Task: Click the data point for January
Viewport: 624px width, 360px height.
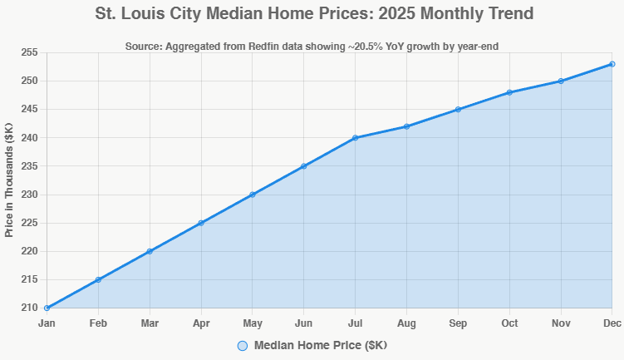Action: tap(47, 308)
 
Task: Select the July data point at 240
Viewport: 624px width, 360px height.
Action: tap(355, 138)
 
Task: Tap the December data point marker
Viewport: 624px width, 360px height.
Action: tap(612, 64)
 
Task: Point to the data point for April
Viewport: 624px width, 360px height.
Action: tap(201, 223)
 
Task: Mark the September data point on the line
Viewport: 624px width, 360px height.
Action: tap(458, 110)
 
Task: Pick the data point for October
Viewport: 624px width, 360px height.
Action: tap(509, 92)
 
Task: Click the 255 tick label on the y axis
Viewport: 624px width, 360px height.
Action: tap(30, 52)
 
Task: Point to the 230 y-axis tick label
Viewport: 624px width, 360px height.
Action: tap(30, 195)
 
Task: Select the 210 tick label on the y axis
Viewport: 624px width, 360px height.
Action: tap(30, 308)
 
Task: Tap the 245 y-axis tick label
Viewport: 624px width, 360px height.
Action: tap(30, 109)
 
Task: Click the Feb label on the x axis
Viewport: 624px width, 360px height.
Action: tap(98, 323)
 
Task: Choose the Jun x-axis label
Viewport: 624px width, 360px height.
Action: tap(303, 323)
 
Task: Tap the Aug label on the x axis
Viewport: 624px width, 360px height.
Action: tap(406, 323)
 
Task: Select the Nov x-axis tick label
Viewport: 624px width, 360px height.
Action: tap(561, 323)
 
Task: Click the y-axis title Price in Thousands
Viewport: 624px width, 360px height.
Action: tap(9, 180)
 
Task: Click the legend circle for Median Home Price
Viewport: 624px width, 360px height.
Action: tap(243, 345)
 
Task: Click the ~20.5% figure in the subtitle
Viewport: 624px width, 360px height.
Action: tap(379, 46)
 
